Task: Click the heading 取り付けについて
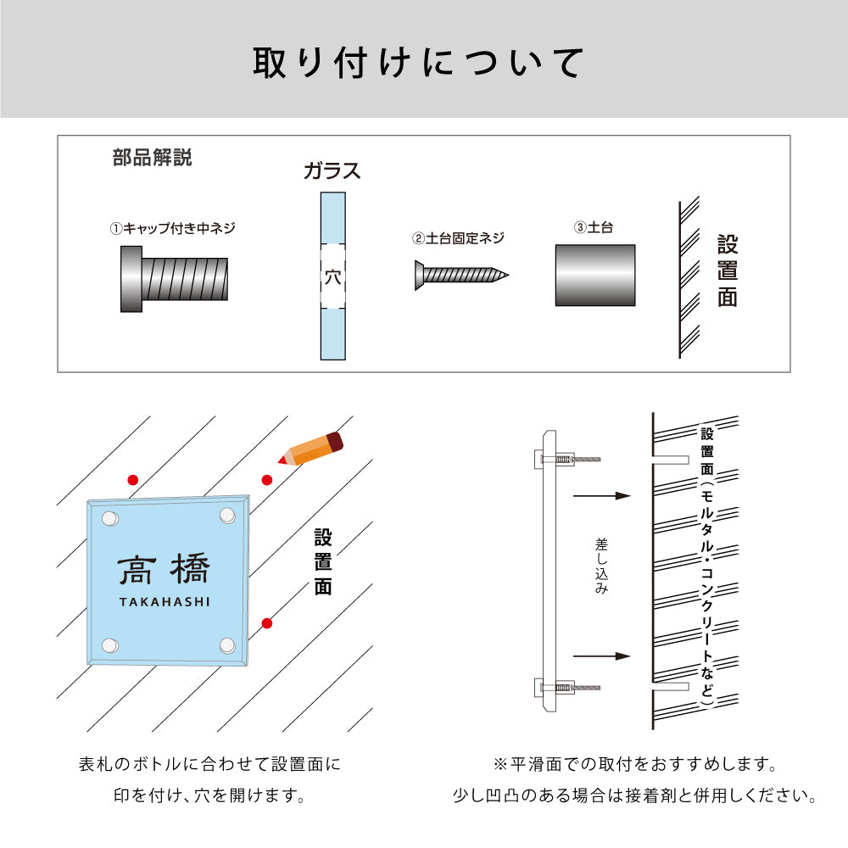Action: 419,64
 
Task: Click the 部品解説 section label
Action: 152,158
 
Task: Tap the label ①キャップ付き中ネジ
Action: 172,228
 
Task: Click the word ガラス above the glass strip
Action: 332,171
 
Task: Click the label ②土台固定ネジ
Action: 459,238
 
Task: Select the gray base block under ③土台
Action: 595,276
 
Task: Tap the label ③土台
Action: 594,228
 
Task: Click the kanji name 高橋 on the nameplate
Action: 164,571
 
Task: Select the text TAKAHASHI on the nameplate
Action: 164,602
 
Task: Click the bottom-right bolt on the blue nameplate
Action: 226,646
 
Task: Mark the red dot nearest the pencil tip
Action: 267,480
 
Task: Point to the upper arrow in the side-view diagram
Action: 602,495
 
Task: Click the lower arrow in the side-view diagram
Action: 602,656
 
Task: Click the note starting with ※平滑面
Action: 635,765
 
